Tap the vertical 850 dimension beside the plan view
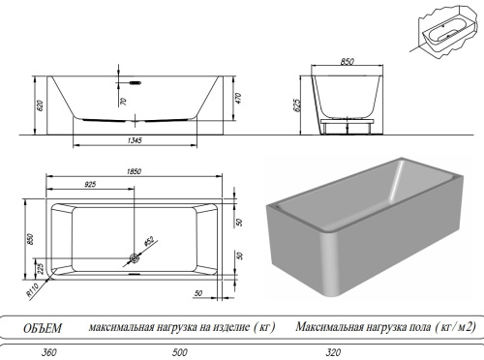[31, 239]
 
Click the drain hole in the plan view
[134, 258]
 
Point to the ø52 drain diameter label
[149, 238]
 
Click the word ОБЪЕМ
[44, 325]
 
